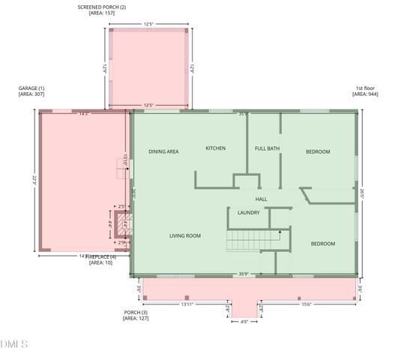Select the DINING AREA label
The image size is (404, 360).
(163, 151)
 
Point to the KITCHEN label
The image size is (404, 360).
(215, 148)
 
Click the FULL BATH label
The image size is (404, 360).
(267, 148)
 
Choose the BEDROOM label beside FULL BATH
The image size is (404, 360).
(318, 151)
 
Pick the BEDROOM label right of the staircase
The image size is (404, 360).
(323, 244)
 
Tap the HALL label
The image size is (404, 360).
(261, 199)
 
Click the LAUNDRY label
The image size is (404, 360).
(248, 213)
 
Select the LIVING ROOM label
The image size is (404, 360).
(184, 236)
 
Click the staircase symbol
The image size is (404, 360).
(253, 241)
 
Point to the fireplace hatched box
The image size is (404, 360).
(125, 223)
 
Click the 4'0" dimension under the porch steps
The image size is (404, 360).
(244, 322)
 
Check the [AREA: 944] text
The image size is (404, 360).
(365, 95)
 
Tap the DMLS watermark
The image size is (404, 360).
(15, 344)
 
